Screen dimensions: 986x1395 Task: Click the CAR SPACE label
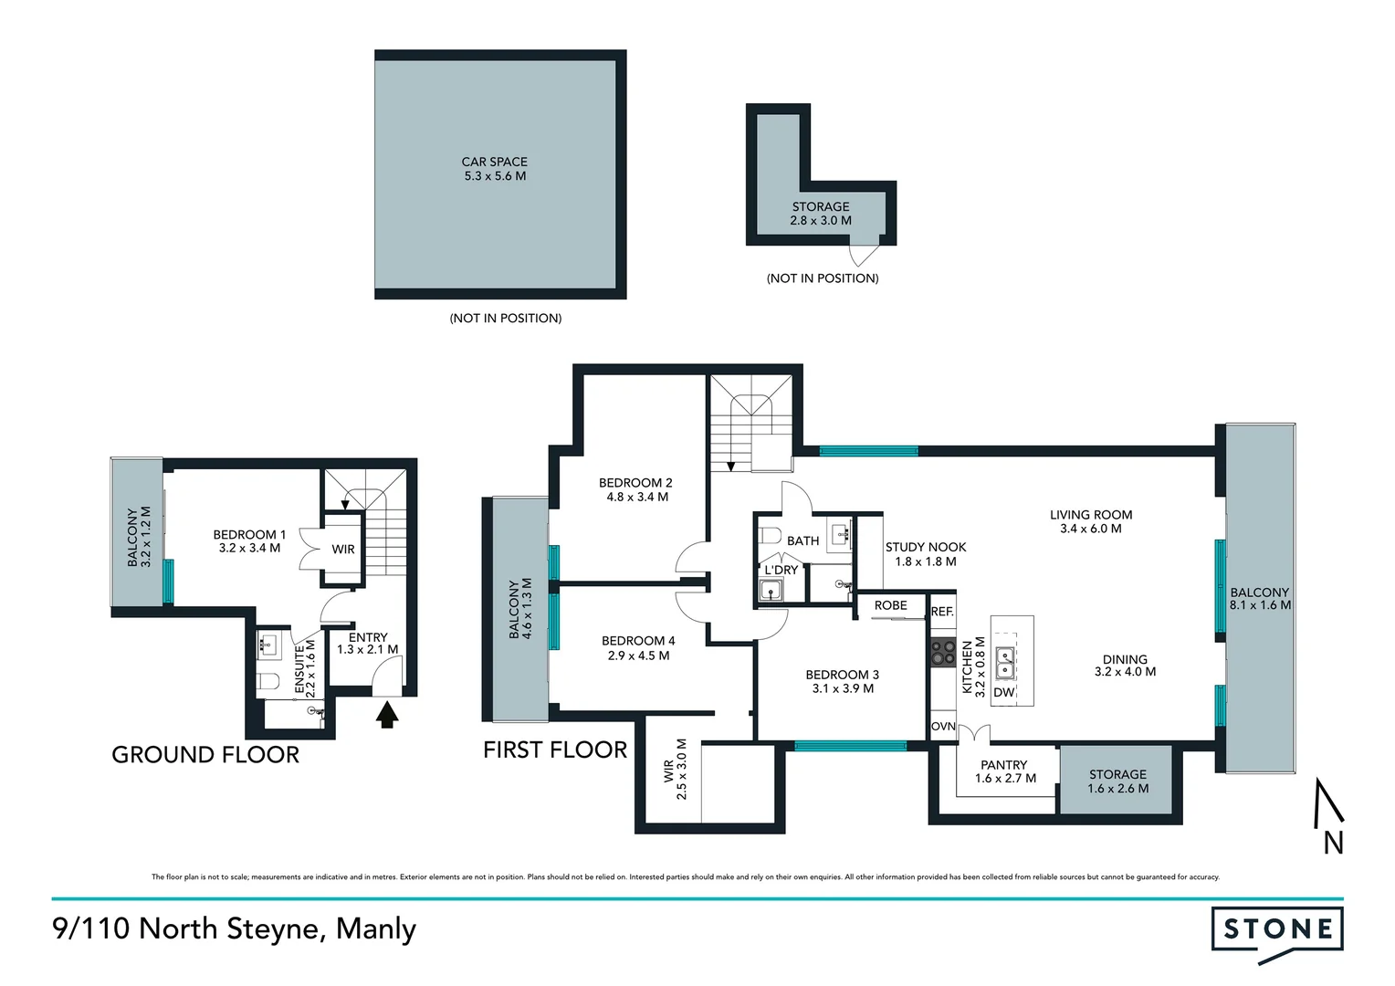[494, 162]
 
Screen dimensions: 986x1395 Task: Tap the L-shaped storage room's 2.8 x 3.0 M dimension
[820, 221]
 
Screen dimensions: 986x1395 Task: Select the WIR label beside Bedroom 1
[343, 550]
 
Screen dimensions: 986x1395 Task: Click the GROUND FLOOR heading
[205, 755]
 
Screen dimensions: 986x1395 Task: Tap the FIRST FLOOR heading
[555, 750]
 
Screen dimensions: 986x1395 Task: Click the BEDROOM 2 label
[635, 483]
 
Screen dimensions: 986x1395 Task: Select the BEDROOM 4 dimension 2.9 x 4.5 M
[638, 656]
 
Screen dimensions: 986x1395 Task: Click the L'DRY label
[781, 570]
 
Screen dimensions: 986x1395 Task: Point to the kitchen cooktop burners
[943, 652]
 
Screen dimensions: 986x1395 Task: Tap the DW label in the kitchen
[1004, 693]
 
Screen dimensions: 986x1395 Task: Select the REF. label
[942, 612]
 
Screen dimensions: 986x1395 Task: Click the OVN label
[943, 727]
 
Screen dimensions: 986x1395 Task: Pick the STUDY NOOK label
[926, 548]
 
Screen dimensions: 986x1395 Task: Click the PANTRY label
[1004, 765]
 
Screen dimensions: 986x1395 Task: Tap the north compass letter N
[1333, 844]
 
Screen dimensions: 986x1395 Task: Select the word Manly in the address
[376, 929]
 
